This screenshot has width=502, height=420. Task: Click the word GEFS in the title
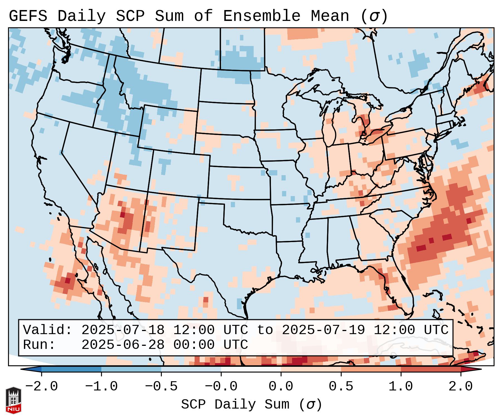[28, 16]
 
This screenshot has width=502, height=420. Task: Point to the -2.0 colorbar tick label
[41, 387]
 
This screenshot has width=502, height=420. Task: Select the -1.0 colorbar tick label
[101, 387]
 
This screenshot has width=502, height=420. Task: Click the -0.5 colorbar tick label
[161, 387]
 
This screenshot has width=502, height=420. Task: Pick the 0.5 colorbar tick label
[341, 387]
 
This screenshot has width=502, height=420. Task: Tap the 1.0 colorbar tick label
[401, 387]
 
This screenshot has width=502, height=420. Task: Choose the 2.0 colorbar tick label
[461, 387]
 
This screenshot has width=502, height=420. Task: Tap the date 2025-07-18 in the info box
[123, 330]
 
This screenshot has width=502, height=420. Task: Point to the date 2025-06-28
[123, 345]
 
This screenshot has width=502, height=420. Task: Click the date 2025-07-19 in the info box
[323, 330]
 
